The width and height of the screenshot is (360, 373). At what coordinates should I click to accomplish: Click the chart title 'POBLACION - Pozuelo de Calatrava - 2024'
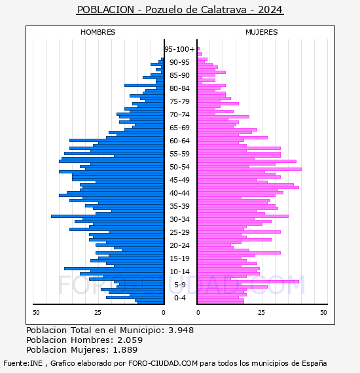pos(180,10)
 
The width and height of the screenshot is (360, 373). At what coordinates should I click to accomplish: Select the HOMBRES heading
pos(98,32)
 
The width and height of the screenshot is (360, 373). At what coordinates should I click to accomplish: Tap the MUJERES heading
pos(262,32)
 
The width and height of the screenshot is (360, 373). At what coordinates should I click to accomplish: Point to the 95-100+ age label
pos(179,49)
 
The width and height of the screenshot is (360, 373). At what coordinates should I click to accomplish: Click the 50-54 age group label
pos(179,167)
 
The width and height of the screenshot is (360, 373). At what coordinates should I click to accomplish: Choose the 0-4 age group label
pos(179,298)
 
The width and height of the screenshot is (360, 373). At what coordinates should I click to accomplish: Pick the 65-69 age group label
pos(179,128)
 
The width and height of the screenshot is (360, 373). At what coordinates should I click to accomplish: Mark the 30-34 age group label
pos(179,219)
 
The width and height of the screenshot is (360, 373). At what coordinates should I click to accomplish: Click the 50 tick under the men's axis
pos(36,312)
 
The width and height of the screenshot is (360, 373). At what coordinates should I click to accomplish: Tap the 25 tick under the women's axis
pos(261,312)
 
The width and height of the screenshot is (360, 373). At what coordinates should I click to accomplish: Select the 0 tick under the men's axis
pos(164,312)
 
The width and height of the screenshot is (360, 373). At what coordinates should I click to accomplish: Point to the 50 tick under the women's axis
pos(323,312)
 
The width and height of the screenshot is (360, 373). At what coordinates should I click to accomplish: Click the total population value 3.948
pos(181,330)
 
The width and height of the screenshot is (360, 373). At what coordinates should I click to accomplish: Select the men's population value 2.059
pos(130,340)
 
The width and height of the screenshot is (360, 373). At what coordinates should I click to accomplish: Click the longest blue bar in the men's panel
pos(107,216)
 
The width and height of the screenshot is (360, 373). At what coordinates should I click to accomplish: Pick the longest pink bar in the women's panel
pos(249,169)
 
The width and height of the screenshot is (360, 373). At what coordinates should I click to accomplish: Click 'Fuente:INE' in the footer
pos(23,363)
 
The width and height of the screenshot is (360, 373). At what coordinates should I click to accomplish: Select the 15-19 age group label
pos(179,258)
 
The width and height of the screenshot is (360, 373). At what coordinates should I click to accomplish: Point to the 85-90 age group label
pos(179,75)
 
